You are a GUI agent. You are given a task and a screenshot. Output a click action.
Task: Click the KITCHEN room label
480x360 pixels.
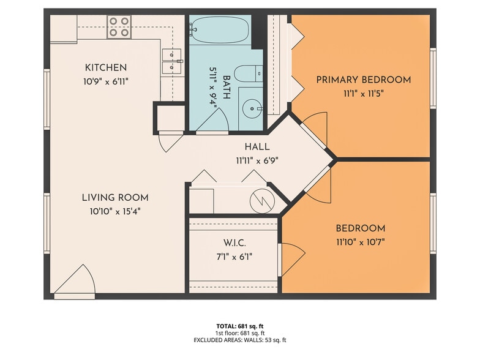coord(105,67)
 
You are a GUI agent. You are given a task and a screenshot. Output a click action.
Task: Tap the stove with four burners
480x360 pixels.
coord(119,27)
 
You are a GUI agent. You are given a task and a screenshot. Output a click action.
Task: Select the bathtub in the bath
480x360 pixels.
coord(219,30)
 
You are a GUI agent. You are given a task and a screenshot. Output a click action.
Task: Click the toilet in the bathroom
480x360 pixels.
coord(249,73)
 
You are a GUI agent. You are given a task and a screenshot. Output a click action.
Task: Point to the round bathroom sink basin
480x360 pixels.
coord(252,108)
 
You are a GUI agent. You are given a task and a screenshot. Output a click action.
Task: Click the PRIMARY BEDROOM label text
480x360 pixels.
coord(364,80)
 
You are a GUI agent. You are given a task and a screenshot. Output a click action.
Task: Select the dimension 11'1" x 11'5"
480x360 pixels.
coord(364,94)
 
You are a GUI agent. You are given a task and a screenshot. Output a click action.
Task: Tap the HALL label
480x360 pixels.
coord(257,147)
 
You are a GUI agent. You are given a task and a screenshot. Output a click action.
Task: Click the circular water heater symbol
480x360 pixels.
coord(262,201)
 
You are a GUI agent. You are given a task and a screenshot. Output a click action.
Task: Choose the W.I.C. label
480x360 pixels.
coord(234,244)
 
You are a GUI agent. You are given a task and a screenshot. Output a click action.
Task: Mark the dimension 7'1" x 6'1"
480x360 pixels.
coord(234,257)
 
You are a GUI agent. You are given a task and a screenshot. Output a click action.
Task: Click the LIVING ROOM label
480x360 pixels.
coord(115,198)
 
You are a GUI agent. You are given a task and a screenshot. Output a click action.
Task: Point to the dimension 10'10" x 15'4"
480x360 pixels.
coord(115,212)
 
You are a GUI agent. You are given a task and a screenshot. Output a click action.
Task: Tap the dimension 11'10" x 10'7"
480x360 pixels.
coord(360,242)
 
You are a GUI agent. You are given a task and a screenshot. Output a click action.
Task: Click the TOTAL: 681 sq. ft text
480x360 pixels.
coord(240,326)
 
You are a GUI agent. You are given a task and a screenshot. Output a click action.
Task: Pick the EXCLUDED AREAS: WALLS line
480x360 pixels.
coord(240,340)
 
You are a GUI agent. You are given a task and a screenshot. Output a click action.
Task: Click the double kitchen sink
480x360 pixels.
coord(171,61)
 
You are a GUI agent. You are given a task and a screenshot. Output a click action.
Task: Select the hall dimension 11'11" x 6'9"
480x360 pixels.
coord(257,160)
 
